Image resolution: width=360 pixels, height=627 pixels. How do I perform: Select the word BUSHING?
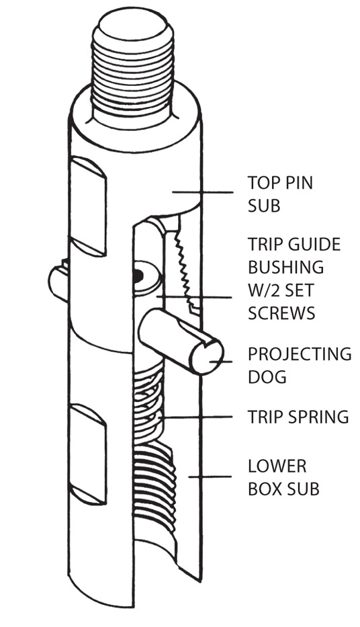coord(285,267)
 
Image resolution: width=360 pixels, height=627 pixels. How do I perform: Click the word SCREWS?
coord(281,313)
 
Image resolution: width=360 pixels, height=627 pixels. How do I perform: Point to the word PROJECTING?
coord(300,354)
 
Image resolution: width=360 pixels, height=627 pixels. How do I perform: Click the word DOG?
coord(267,377)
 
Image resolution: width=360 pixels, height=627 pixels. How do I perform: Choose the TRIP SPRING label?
coord(298,417)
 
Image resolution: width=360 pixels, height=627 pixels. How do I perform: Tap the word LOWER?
coord(277,466)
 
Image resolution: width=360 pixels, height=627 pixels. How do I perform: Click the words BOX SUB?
coord(283,489)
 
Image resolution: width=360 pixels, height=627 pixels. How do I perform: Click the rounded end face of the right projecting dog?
coord(207,358)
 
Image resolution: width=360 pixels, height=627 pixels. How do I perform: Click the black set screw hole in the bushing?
coord(138,274)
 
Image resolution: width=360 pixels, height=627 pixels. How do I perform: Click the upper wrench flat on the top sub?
coord(88,206)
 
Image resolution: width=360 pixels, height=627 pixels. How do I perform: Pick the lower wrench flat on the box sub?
coord(88,454)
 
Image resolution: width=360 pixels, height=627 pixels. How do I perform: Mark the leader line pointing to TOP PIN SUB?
coord(202,192)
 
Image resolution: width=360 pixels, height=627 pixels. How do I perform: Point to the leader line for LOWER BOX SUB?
coord(210,476)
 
